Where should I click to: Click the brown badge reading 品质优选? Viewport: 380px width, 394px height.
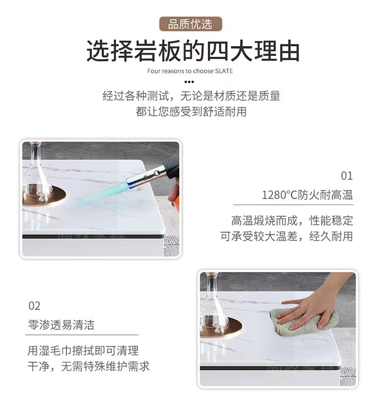point(191,24)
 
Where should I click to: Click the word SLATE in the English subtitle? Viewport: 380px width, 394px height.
point(223,71)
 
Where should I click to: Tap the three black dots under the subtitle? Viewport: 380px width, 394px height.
point(189,82)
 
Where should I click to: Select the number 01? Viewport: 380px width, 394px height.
point(347,176)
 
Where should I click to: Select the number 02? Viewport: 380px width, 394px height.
point(34,306)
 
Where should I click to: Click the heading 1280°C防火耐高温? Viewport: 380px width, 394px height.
point(308,195)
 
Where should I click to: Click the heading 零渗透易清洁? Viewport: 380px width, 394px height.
point(61,325)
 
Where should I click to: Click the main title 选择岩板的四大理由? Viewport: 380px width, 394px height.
point(193,51)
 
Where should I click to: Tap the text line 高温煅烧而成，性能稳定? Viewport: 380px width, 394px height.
point(292,221)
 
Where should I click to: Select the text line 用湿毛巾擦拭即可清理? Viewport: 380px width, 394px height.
point(83,350)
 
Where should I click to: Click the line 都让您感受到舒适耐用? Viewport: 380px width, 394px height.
point(191,111)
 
